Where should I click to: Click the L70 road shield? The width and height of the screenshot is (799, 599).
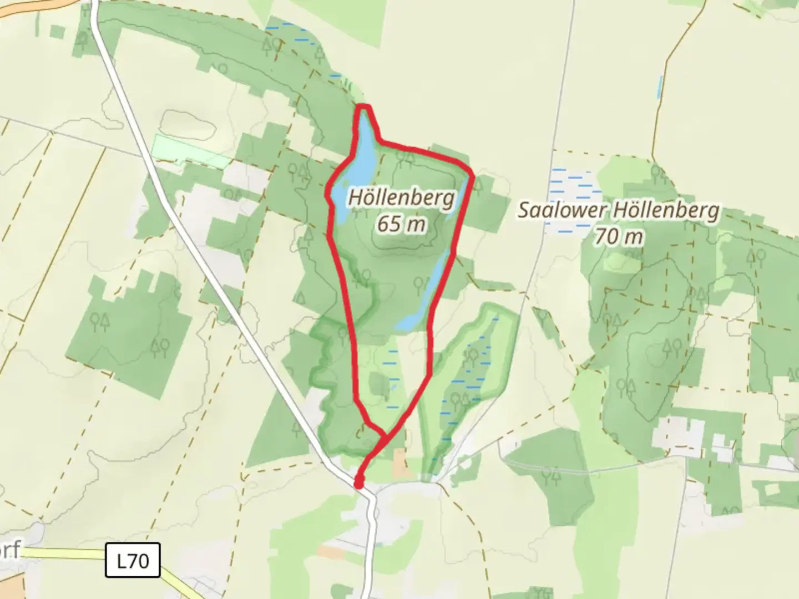(x=133, y=561)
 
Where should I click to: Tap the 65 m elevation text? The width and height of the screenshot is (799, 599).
(x=401, y=224)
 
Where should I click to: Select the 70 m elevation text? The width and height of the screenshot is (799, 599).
(x=619, y=237)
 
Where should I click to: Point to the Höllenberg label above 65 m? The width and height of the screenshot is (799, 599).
(x=401, y=198)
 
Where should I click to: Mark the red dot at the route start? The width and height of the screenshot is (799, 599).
(x=359, y=484)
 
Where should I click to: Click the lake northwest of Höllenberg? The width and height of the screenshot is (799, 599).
(x=355, y=166)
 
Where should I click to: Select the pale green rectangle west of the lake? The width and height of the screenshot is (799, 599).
(x=190, y=151)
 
